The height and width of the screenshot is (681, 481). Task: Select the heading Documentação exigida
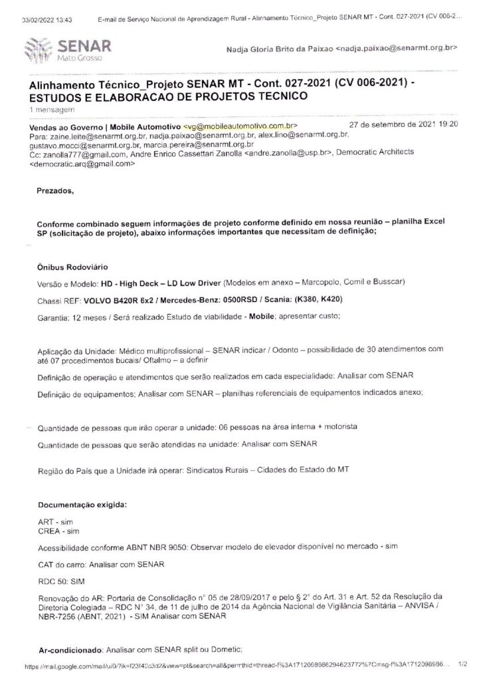[x=82, y=504]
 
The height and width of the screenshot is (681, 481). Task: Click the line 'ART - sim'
[x=56, y=523]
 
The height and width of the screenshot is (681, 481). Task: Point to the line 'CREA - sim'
[x=59, y=531]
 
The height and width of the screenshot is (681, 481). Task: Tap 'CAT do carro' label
[x=64, y=565]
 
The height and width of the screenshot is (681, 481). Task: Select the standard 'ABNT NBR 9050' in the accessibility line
[x=159, y=547]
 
